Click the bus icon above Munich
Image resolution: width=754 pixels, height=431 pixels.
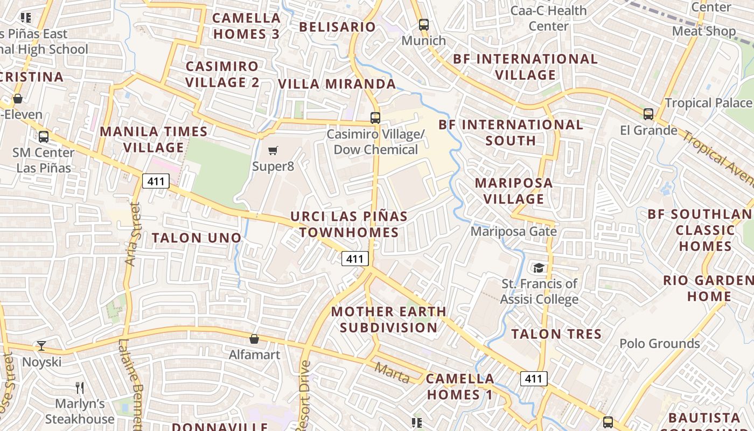pos(424,25)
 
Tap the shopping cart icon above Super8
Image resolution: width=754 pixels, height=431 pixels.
pos(273,150)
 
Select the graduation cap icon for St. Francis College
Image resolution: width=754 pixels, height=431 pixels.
pos(538,268)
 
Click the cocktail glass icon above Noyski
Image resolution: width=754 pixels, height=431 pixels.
pos(41,346)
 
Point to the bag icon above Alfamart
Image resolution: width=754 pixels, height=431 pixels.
pos(254,339)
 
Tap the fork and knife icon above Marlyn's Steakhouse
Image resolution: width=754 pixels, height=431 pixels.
pos(80,388)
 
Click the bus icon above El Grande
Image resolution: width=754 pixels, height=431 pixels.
pos(648,114)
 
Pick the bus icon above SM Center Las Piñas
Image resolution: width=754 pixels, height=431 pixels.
pos(44,137)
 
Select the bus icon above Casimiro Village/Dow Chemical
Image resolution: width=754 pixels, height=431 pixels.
pos(375,117)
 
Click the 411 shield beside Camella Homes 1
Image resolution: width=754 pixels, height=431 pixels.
pos(533,379)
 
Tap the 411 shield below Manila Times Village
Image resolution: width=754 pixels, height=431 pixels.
pos(156,181)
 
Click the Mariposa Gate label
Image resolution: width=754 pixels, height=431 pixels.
pos(513,231)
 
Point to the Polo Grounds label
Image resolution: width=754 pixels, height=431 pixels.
pos(659,343)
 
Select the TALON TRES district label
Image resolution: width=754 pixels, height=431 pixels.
pos(556,334)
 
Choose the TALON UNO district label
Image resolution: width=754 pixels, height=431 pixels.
pos(197,238)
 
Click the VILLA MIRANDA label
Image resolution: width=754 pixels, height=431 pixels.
pos(337,84)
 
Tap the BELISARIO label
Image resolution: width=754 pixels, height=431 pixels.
pos(337,27)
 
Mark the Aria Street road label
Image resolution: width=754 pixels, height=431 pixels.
pos(132,234)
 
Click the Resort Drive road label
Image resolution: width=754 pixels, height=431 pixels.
pos(304,396)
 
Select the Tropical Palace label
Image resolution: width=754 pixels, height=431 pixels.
pos(708,102)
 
